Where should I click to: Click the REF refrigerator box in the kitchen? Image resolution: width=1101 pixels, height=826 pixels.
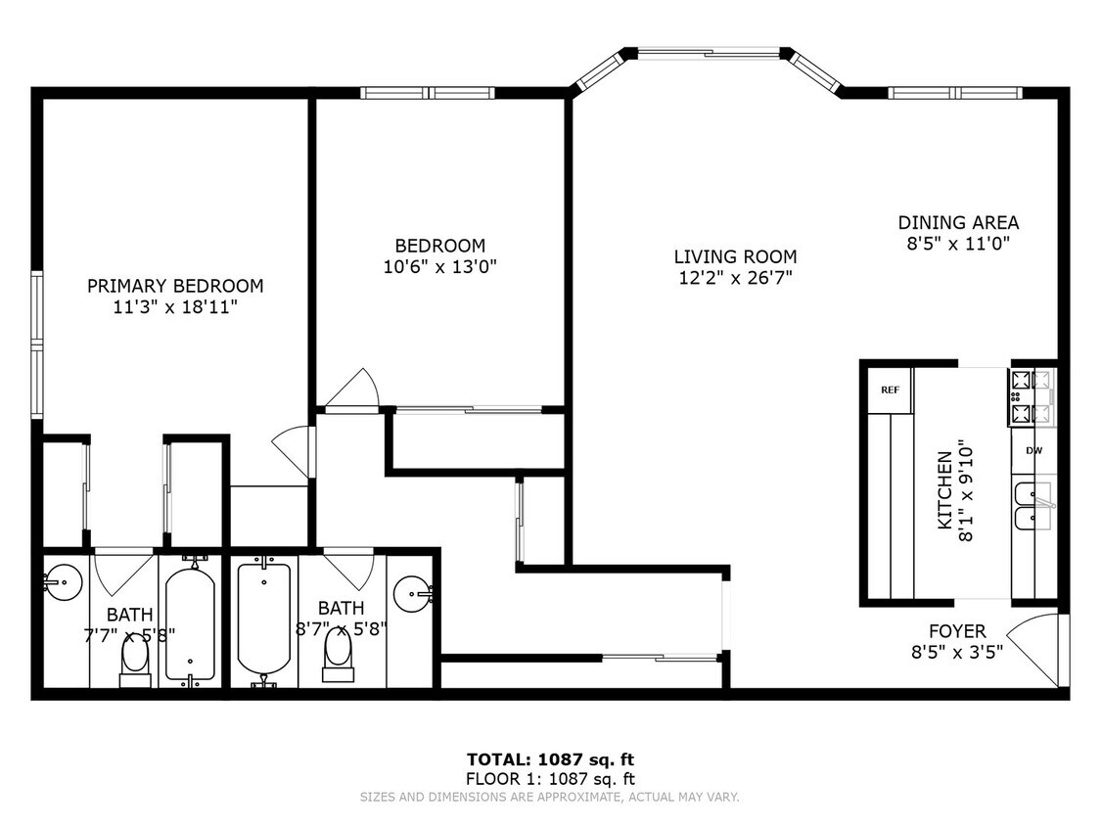tap(891, 390)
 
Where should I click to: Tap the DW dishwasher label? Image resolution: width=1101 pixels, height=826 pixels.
tap(1033, 451)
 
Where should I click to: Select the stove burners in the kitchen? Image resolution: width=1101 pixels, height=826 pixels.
tap(1032, 397)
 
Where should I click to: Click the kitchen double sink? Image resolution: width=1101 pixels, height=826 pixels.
tap(1033, 506)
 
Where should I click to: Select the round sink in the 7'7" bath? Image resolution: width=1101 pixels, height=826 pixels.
tap(64, 582)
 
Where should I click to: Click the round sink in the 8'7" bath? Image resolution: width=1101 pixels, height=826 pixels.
tap(414, 595)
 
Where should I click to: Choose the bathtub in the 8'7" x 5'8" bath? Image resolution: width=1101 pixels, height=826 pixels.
tap(263, 619)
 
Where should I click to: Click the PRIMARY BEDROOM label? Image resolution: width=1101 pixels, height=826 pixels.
tap(175, 286)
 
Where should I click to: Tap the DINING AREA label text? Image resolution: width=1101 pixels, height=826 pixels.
tap(958, 223)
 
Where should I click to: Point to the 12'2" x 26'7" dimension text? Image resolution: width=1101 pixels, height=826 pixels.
tap(735, 278)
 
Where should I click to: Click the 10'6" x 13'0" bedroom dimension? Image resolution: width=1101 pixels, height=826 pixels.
tap(440, 267)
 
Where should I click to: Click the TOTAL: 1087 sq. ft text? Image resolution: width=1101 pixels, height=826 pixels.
tap(550, 759)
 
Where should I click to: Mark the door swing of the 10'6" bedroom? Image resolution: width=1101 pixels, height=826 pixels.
tap(354, 388)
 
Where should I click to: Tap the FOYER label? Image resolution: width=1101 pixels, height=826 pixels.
tap(957, 630)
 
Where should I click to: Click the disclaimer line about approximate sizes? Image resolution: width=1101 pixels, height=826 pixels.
tap(550, 798)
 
